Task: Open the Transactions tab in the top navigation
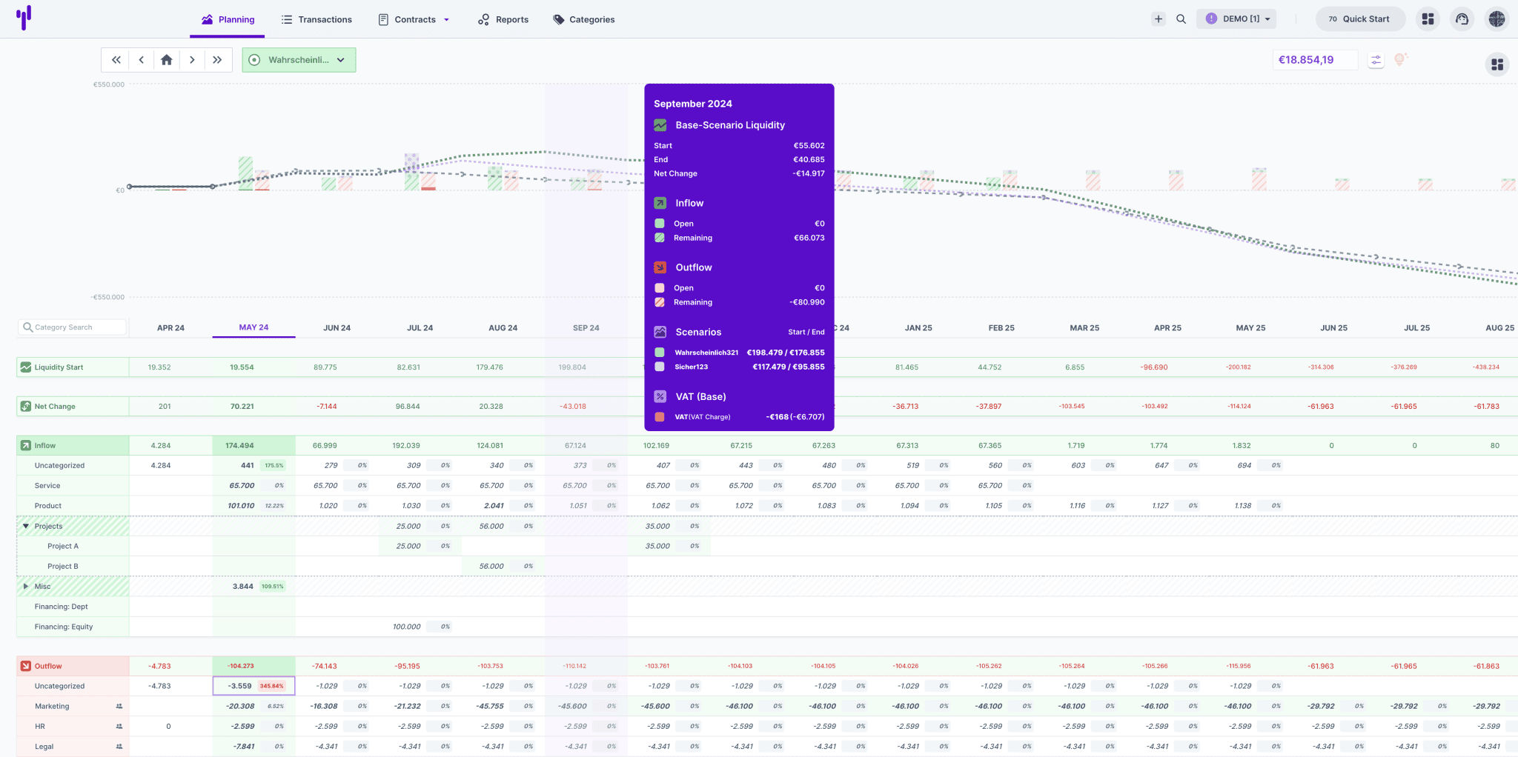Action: [x=316, y=19]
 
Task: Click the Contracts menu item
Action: [x=414, y=19]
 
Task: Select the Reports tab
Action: [x=503, y=19]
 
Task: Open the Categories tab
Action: [x=584, y=19]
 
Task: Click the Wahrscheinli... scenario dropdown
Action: [x=299, y=60]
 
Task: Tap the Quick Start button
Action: [x=1359, y=19]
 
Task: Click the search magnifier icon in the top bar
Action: [x=1181, y=19]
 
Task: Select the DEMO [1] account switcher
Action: [x=1236, y=19]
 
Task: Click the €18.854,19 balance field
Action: [x=1314, y=60]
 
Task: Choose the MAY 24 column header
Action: [x=253, y=327]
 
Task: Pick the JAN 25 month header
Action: [x=918, y=327]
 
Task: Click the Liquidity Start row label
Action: [x=59, y=367]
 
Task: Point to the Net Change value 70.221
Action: [x=242, y=407]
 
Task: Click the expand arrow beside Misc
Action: [x=26, y=587]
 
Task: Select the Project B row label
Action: [x=63, y=567]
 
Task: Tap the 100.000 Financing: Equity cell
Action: [x=407, y=627]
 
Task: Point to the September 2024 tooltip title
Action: [x=693, y=104]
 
